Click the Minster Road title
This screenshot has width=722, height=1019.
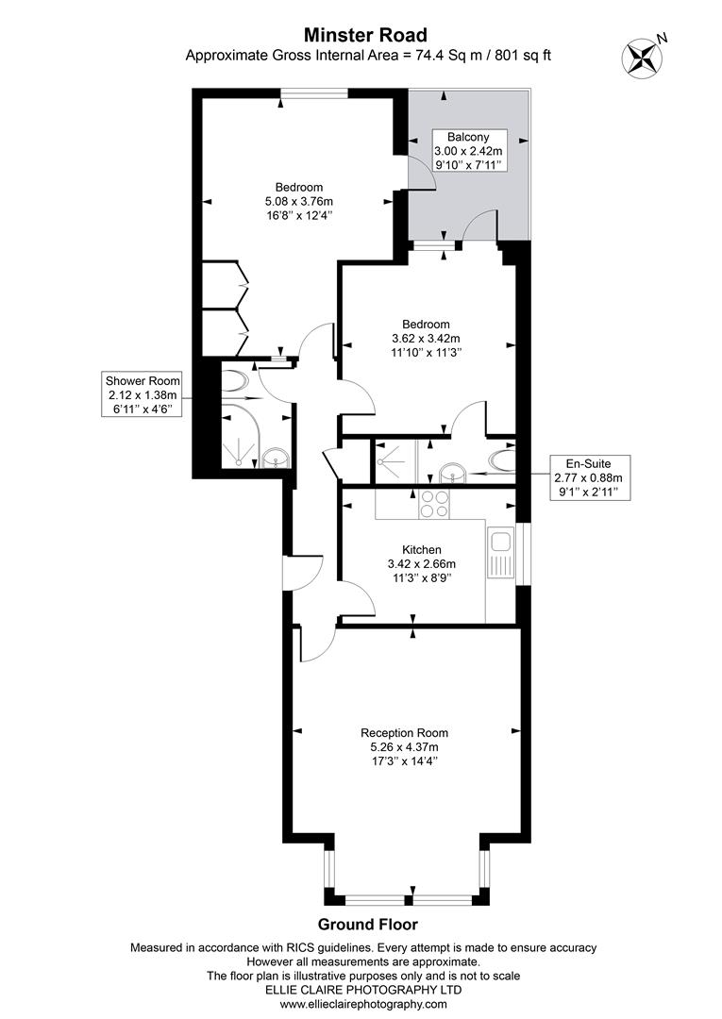tap(366, 35)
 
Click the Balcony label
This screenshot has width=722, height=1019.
tap(468, 137)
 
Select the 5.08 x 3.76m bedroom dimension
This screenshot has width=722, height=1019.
tap(298, 202)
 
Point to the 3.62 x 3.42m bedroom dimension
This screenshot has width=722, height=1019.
tap(426, 338)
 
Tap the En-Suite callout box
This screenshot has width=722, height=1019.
tap(589, 477)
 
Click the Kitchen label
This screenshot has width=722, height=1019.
tap(422, 550)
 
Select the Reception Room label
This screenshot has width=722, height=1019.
tap(404, 733)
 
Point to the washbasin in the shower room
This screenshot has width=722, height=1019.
tap(277, 459)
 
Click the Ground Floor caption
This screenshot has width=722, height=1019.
tap(367, 924)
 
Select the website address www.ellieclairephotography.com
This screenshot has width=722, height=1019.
tap(363, 1004)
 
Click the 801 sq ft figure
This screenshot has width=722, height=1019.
tap(523, 56)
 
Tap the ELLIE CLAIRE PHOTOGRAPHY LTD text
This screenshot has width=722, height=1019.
tap(364, 990)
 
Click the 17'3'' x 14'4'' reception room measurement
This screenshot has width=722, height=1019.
tap(404, 761)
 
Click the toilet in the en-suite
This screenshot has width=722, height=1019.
tap(503, 460)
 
